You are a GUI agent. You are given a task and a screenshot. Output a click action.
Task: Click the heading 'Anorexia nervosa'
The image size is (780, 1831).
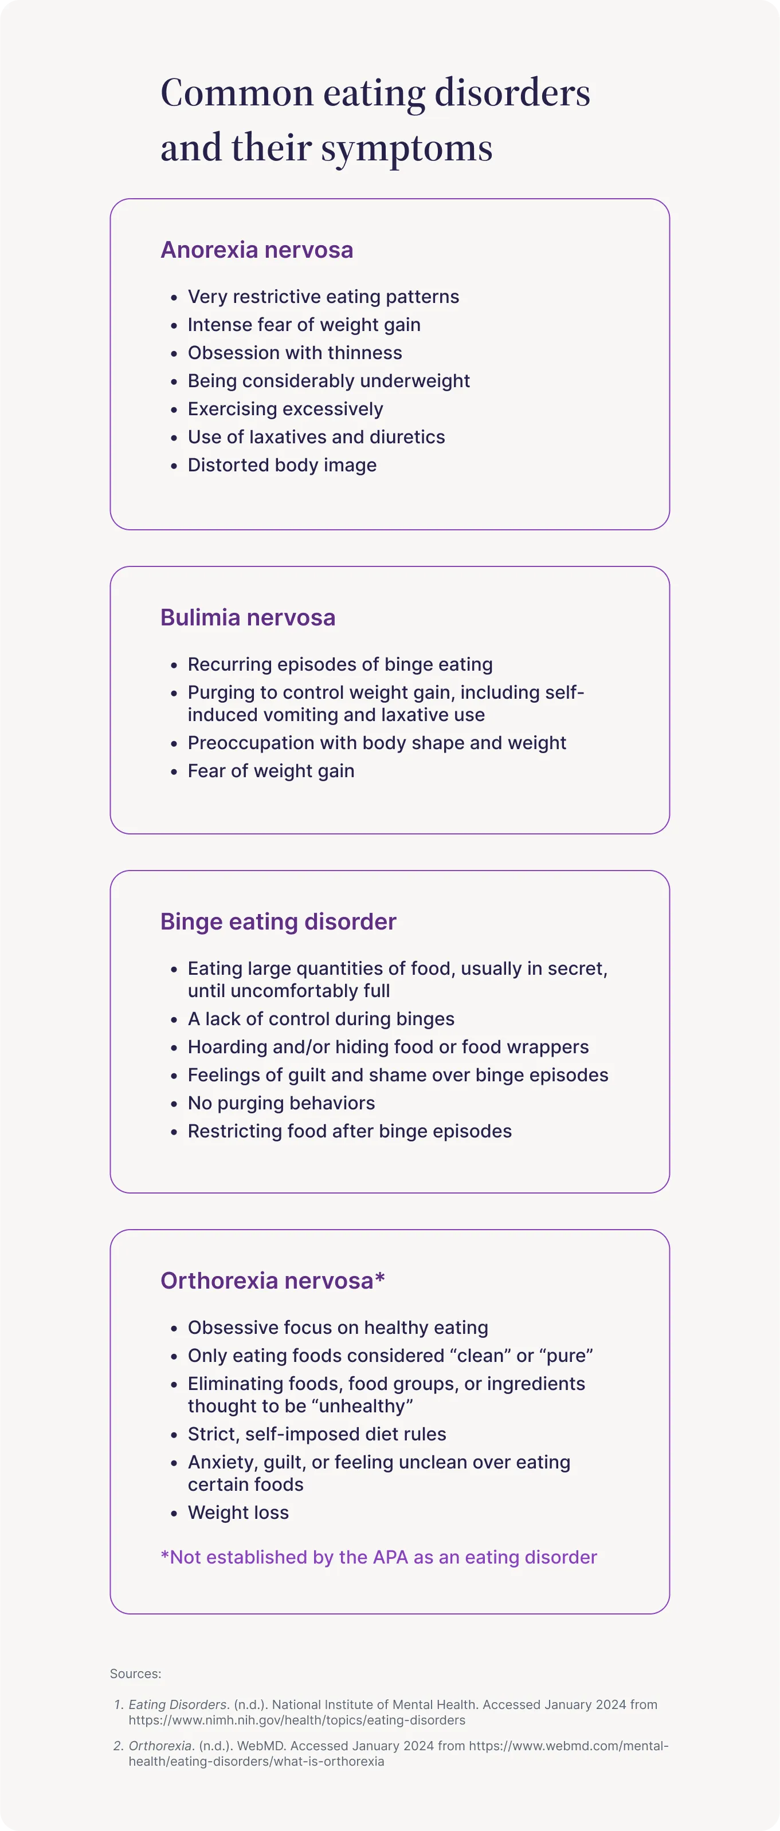(257, 250)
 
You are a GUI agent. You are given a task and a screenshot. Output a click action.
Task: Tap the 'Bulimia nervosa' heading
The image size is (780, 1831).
(248, 617)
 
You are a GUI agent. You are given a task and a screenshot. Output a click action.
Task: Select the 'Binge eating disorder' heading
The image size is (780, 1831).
(278, 921)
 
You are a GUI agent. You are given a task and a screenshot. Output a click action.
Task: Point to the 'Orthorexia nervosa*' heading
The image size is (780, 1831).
(272, 1280)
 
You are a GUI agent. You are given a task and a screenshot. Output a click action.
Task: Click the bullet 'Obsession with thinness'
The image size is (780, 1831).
(295, 353)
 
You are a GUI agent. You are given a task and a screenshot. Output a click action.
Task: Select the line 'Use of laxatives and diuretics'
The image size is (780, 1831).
(316, 436)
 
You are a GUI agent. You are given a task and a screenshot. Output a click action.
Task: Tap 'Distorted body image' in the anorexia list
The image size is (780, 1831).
(281, 465)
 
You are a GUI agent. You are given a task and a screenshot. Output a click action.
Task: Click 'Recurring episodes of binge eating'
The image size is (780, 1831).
(340, 664)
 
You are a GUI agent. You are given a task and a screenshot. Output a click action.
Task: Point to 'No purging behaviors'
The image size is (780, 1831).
(281, 1103)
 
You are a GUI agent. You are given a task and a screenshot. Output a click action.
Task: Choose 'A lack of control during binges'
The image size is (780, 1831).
(321, 1018)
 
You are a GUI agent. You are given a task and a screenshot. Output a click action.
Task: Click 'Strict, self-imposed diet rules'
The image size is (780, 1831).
(316, 1434)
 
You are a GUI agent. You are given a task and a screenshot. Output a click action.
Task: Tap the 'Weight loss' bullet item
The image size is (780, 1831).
(238, 1513)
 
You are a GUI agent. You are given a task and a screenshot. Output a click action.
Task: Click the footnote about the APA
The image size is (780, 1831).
(378, 1557)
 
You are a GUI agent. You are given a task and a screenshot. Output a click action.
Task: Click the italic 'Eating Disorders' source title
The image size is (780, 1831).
(178, 1704)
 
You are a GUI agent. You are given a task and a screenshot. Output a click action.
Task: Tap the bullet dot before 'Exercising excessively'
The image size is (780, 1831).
(174, 410)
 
